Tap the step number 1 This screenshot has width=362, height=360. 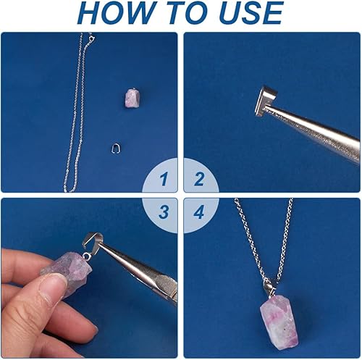164,179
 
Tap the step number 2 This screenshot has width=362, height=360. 199,179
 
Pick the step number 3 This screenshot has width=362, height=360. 164,212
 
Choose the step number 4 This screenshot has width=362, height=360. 199,212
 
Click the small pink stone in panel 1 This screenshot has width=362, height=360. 132,99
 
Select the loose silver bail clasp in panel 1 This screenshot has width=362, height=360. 116,148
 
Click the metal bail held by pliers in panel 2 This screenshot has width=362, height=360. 266,101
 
